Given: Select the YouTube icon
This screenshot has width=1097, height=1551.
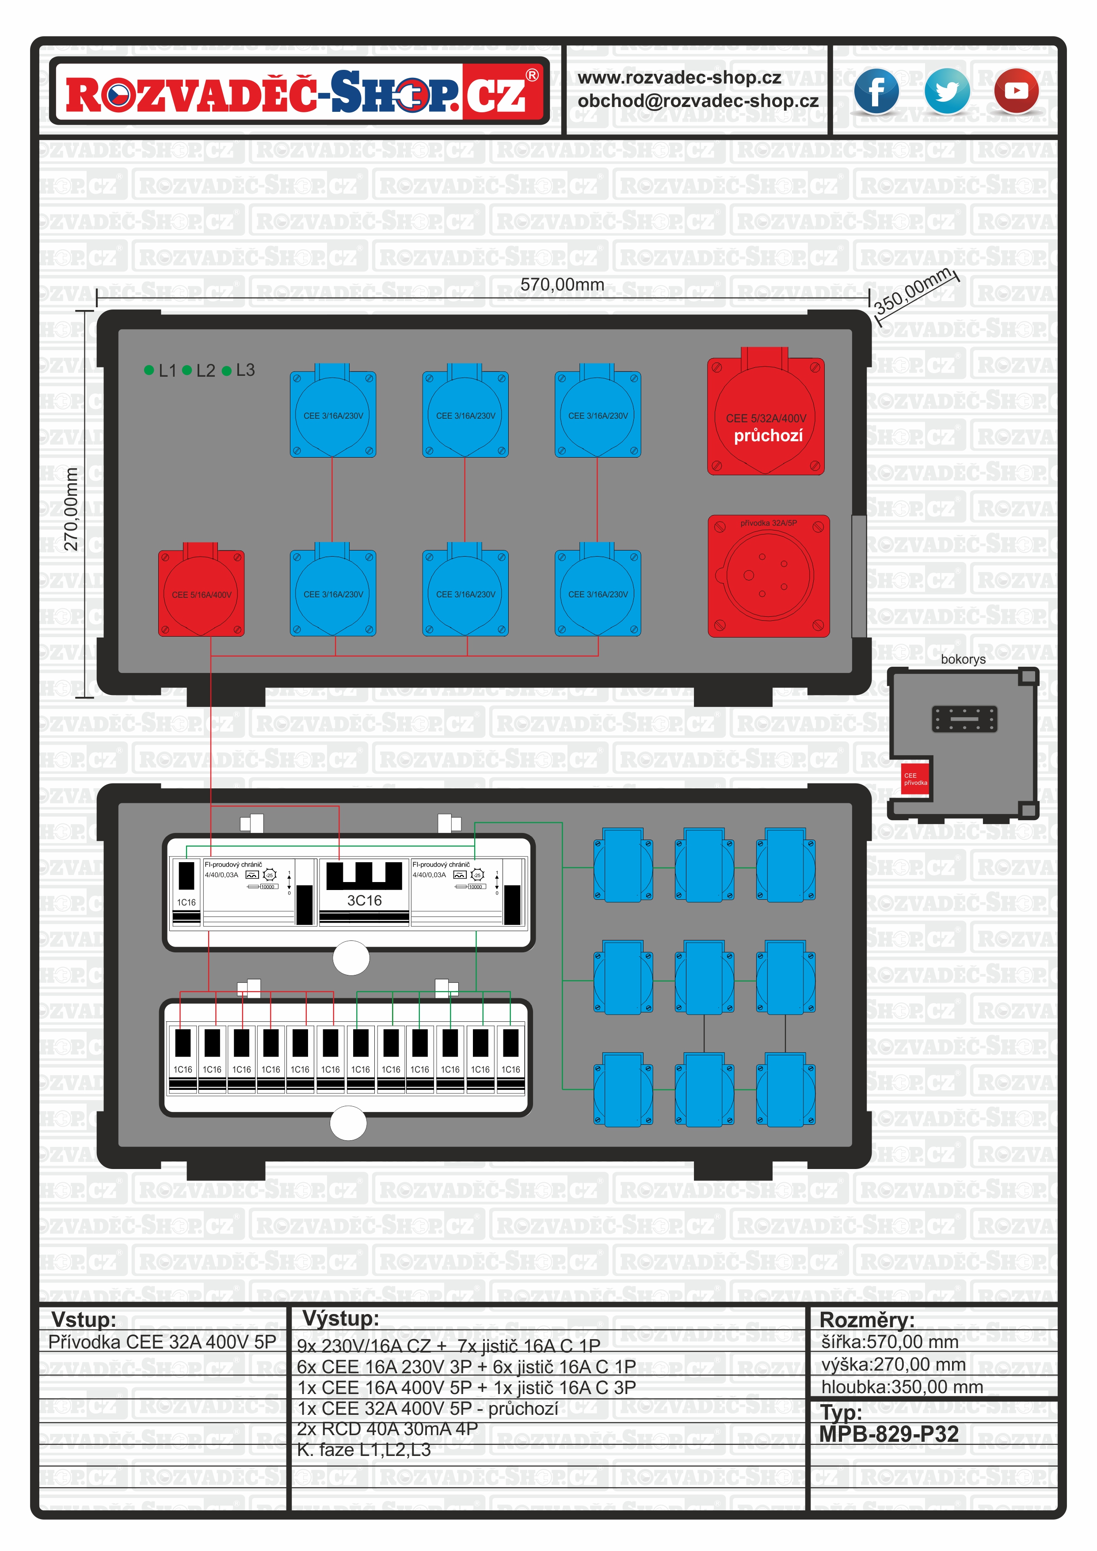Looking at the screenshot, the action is [x=1016, y=91].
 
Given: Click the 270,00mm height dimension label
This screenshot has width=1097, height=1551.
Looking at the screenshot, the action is [x=71, y=508].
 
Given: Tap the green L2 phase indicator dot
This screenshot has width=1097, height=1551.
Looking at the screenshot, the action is [x=187, y=370].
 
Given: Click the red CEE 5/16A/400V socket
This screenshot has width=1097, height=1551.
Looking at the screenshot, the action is [x=201, y=592].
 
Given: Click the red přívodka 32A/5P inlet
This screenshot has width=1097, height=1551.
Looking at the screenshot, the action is [x=768, y=576].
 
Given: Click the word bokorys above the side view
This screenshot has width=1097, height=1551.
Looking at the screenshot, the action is [x=963, y=659].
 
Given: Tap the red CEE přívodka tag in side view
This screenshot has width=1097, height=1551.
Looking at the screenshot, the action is [x=915, y=779].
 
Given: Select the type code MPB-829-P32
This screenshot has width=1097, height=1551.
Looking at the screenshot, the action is [x=888, y=1433].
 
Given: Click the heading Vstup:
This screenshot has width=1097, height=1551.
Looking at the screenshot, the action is [x=84, y=1319].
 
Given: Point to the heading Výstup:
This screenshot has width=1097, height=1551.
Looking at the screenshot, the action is [x=340, y=1318].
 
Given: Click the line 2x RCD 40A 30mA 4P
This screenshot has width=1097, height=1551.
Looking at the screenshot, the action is [x=387, y=1429].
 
